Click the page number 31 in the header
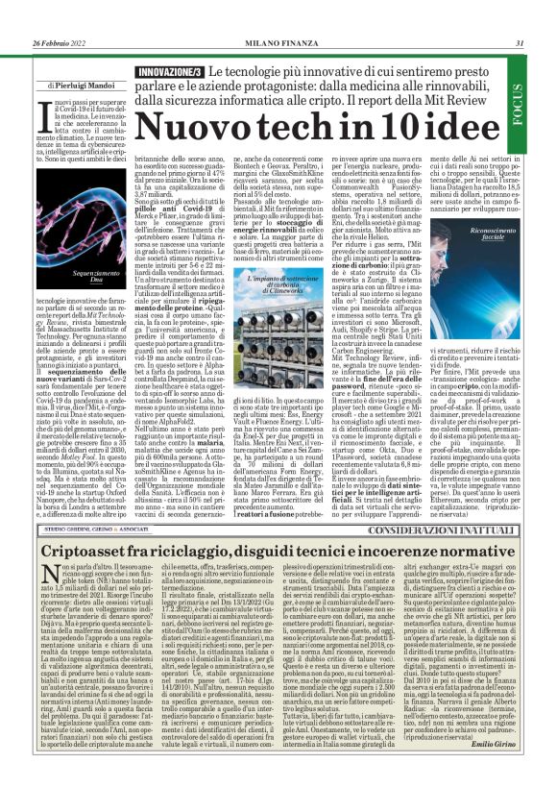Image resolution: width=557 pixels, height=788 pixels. click(x=519, y=16)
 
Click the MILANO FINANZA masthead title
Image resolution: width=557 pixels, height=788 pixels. click(x=277, y=16)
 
